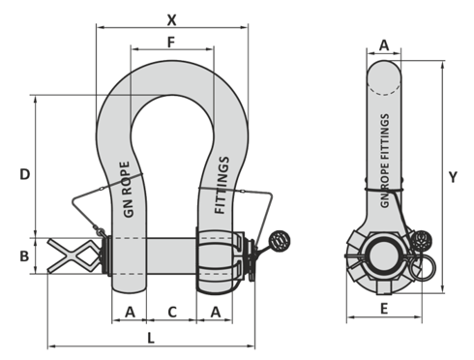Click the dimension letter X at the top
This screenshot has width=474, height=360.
(171, 20)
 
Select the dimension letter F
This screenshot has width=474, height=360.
(171, 42)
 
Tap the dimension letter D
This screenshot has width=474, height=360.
(25, 174)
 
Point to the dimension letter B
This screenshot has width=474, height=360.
(24, 256)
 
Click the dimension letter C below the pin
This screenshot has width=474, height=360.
(172, 312)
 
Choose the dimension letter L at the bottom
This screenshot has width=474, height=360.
(151, 338)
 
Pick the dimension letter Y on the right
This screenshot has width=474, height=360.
(453, 177)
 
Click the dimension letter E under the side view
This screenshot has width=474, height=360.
(384, 309)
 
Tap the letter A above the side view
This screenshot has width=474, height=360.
(384, 45)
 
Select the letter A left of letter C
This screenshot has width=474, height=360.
(130, 312)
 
